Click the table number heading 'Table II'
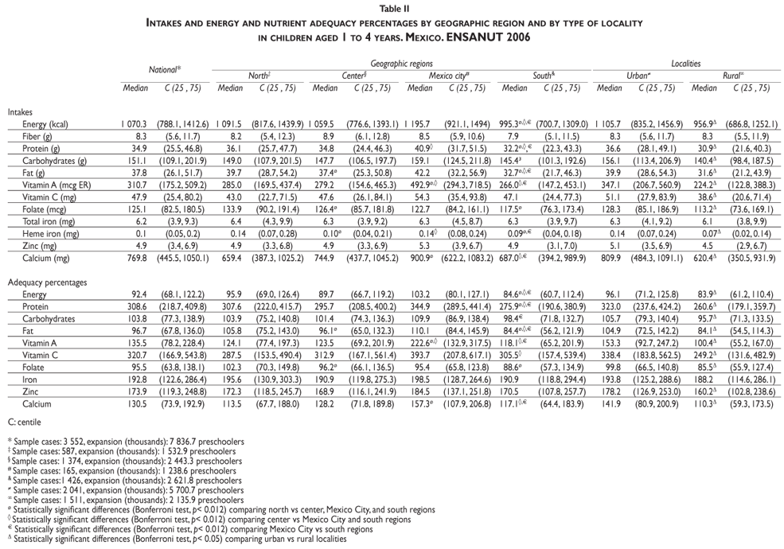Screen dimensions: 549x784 click(392, 7)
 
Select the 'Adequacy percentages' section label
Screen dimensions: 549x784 click(45, 282)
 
